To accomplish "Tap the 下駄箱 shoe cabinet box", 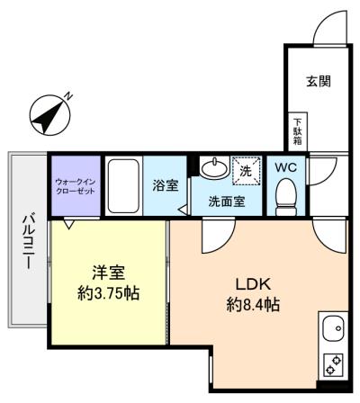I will (297, 132).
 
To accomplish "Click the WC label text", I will (285, 167).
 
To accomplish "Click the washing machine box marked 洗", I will (244, 168).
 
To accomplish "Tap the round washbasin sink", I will (214, 168).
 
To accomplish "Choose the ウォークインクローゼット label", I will (75, 186).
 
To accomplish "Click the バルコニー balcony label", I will (28, 243).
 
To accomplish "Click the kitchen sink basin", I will (332, 329).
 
